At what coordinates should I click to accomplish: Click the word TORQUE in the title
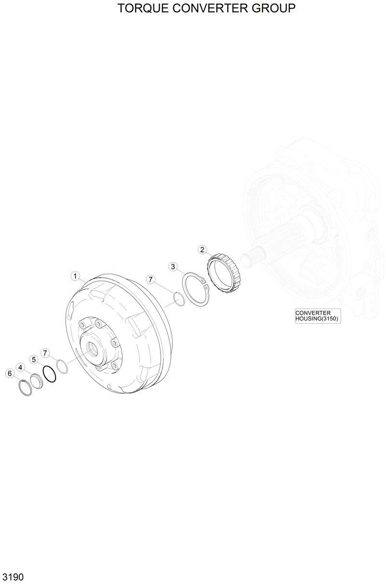139,8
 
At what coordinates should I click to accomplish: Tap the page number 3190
13,577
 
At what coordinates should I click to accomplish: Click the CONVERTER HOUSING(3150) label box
317,316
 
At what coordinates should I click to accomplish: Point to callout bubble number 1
75,276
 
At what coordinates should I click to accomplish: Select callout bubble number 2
203,250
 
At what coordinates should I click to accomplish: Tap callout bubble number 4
20,367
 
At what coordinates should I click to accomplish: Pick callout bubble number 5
34,360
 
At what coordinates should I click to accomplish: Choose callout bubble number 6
9,373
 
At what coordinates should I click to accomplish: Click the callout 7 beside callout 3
151,279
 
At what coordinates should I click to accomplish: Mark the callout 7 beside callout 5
45,353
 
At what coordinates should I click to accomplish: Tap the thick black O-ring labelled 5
49,375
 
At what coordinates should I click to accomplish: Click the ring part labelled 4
37,381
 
